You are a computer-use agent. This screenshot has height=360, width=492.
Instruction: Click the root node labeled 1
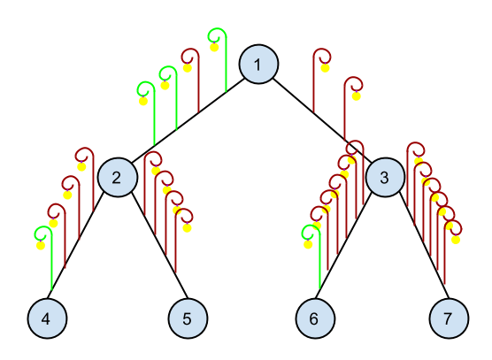[258, 65]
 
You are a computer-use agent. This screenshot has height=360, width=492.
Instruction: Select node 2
[118, 178]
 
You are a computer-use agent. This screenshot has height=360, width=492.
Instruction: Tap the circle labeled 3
[385, 178]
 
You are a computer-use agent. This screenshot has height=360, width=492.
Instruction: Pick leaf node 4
[47, 318]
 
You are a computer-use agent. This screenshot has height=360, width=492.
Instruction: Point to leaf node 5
[188, 318]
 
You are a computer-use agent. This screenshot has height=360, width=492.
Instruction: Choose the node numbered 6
[315, 318]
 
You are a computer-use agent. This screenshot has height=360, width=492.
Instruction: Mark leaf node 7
[449, 318]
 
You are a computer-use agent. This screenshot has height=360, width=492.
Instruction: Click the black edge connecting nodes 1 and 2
[188, 120]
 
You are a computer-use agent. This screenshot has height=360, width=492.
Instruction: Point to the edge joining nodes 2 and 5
[159, 246]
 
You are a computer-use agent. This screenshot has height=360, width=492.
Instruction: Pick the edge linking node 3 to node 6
[343, 246]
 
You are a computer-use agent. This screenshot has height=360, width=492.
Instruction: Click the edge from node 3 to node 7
[424, 246]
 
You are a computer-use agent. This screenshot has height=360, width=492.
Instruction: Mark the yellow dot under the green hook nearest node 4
[41, 245]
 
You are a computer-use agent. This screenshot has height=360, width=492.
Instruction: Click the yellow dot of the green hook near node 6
[308, 244]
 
